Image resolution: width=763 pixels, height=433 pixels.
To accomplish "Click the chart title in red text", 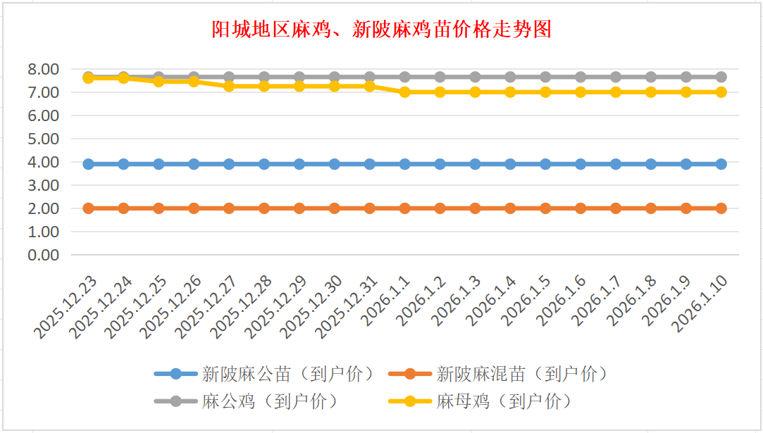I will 381,30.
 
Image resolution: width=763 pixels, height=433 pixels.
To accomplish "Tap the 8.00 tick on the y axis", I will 43,69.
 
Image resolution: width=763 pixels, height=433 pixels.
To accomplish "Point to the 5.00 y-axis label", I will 43,139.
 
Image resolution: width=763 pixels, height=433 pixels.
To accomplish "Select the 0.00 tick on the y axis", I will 43,255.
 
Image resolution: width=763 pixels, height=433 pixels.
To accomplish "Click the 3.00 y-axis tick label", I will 43,185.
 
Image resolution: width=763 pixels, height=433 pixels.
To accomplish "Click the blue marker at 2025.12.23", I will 89,164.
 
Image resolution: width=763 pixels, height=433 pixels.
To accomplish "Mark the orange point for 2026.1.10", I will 721,208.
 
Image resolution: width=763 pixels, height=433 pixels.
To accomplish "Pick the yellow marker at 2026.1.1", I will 404,92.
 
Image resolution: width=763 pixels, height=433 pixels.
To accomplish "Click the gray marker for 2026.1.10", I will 721,77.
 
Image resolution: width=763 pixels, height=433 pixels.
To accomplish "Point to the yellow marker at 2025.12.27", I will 229,86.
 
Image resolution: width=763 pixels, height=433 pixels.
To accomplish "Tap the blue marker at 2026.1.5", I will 545,164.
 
